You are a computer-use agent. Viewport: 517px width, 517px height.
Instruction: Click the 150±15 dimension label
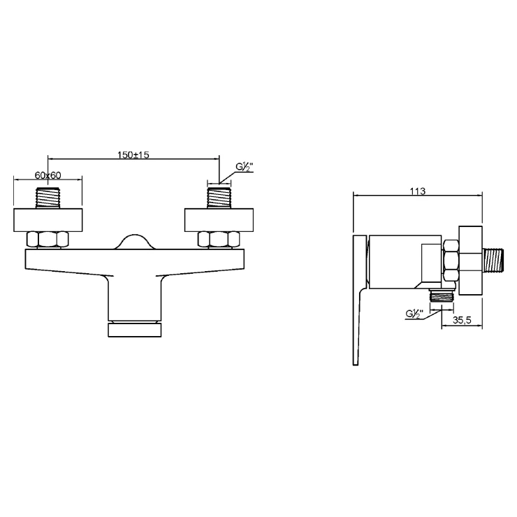(133, 154)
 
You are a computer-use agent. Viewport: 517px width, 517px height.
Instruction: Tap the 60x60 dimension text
(48, 175)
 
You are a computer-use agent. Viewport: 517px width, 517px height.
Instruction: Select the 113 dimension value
(417, 191)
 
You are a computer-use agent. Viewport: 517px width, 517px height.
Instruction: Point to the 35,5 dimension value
(462, 319)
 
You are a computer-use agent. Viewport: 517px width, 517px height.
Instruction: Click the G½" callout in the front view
(244, 168)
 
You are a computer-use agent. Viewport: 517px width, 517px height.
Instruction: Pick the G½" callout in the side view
(414, 314)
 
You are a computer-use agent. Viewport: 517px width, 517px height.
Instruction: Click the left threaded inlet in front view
(48, 198)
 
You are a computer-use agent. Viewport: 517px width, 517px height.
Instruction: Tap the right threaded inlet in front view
(219, 198)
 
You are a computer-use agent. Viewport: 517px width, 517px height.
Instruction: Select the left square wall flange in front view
(48, 220)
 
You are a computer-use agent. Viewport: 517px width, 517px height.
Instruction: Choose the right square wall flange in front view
(219, 220)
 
